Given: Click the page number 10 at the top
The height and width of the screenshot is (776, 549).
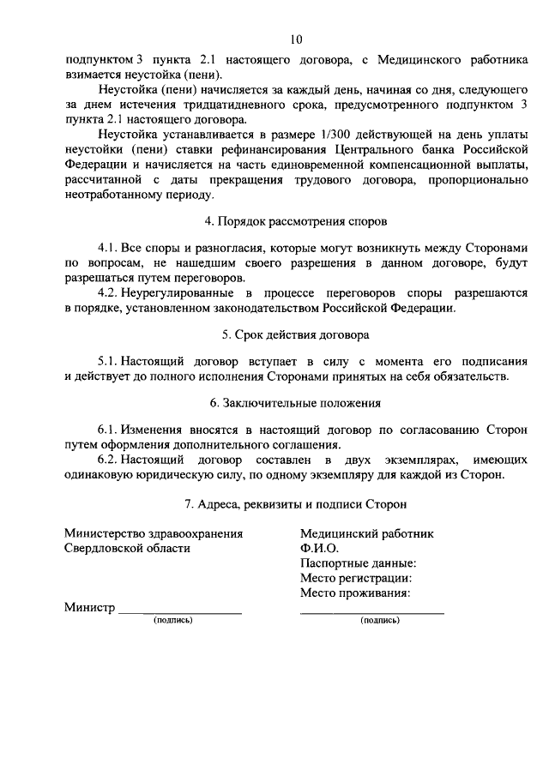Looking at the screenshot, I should (296, 39).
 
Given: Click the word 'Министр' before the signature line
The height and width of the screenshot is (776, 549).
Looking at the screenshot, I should (89, 608).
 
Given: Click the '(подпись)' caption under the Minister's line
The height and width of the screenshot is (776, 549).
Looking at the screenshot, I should (172, 620).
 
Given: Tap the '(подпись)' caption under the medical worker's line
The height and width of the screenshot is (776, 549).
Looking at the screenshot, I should (380, 620).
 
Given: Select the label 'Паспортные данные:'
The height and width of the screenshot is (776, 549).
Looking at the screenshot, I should (359, 563).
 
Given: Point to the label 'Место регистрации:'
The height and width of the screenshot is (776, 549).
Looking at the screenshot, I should (356, 578).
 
